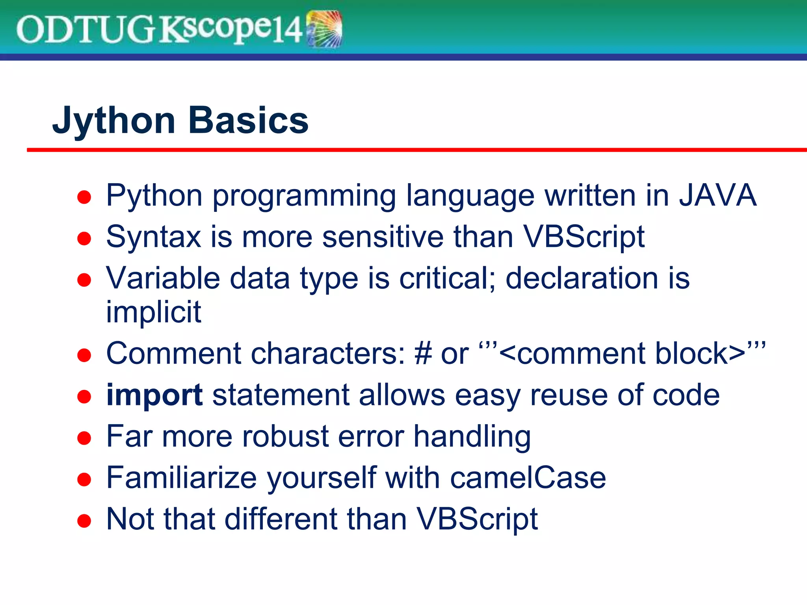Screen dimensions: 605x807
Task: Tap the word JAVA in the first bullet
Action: point(718,195)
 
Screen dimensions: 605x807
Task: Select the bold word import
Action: point(154,395)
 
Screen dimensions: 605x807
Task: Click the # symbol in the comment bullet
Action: point(423,354)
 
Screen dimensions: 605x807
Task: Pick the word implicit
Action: point(154,312)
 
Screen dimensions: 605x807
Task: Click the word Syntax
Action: point(154,237)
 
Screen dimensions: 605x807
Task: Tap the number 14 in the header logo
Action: point(287,30)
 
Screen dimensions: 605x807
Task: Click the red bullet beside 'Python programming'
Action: point(84,197)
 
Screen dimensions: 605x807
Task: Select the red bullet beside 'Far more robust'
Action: point(84,438)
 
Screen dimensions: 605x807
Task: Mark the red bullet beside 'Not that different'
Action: point(84,521)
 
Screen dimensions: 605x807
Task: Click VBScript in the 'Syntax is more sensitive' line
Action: point(584,237)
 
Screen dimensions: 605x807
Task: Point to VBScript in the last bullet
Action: point(477,519)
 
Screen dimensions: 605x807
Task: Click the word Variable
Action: point(163,278)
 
